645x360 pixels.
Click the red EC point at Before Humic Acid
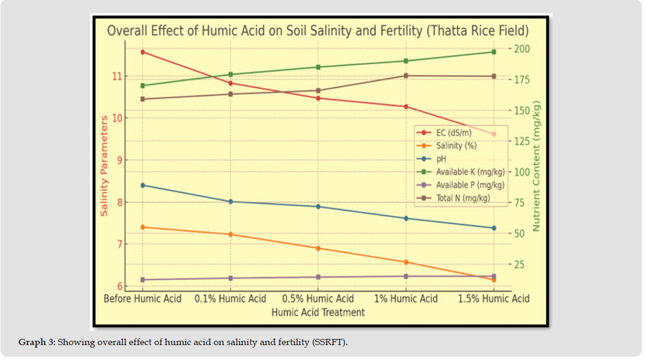click(143, 52)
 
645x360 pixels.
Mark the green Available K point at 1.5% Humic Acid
click(494, 52)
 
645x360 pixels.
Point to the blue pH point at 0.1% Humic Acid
click(230, 202)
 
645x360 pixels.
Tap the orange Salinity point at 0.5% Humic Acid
click(318, 248)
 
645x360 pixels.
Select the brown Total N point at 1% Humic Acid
click(406, 76)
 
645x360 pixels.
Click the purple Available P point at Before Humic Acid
click(143, 280)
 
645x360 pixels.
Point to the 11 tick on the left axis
click(116, 76)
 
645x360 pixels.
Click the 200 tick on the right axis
click(523, 49)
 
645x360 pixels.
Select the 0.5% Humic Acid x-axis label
click(318, 299)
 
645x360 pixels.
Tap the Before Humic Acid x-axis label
click(143, 299)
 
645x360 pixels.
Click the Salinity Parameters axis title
click(104, 166)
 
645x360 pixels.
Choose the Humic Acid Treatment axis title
click(318, 312)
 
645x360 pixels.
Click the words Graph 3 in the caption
click(36, 343)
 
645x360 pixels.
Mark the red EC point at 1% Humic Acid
click(406, 107)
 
